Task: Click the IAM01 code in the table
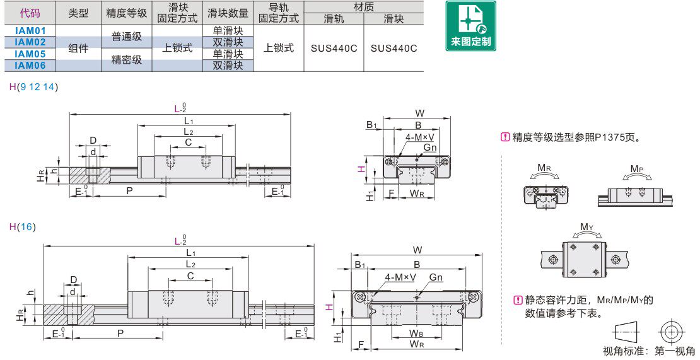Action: point(30,31)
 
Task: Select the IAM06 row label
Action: point(30,65)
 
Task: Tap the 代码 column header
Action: point(30,13)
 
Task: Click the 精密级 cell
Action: point(126,59)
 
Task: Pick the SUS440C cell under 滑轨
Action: point(334,48)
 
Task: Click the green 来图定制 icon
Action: point(470,26)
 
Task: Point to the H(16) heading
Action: point(22,226)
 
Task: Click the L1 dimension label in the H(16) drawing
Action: point(190,252)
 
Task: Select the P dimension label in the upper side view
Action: point(129,190)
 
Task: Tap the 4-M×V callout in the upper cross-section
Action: point(419,137)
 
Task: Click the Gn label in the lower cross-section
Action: point(436,277)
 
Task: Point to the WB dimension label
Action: point(416,334)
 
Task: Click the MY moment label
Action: point(586,227)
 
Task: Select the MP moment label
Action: point(637,169)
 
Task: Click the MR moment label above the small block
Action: point(544,168)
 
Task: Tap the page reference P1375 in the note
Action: point(609,137)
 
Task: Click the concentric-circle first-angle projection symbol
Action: point(672,332)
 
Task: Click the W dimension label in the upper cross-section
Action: point(419,113)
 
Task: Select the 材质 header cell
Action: point(363,7)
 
